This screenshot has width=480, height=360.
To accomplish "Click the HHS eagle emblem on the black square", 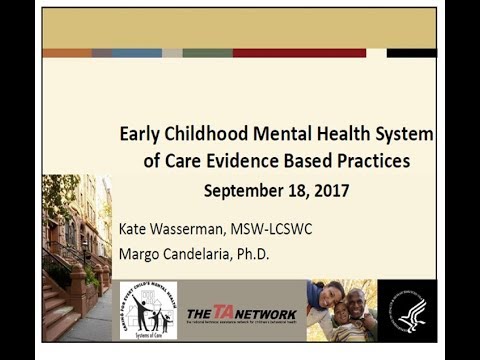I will click(x=407, y=311).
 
